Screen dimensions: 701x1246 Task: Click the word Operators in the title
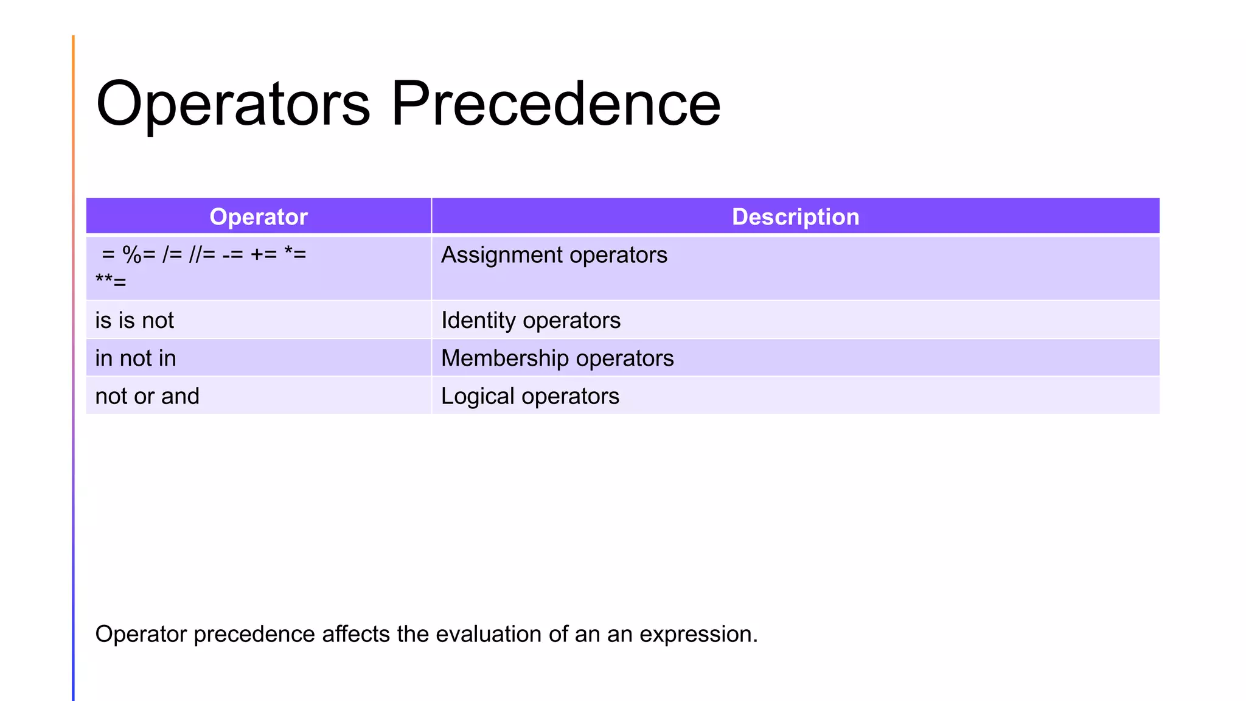[x=233, y=105]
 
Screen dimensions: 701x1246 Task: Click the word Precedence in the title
[x=555, y=105]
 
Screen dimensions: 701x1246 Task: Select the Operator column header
[x=259, y=217]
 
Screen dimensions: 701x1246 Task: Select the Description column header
[x=795, y=217]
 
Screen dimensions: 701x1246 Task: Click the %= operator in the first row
[x=139, y=254]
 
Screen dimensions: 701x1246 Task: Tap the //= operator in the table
[x=202, y=254]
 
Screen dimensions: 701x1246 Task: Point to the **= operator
[x=111, y=282]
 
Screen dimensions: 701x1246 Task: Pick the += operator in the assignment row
[x=264, y=254]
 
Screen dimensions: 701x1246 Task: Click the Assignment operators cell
[x=554, y=255]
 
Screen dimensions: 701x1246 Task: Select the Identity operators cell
[x=531, y=321]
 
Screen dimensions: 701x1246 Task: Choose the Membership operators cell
[x=557, y=358]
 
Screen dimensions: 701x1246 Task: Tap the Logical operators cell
[x=530, y=396]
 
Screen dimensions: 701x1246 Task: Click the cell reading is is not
[x=134, y=321]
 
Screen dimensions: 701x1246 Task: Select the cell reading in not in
[x=136, y=358]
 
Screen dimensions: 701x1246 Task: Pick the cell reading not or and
[x=147, y=396]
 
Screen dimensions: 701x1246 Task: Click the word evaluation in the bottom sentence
[x=488, y=634]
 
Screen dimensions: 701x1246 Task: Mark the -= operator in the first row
[x=232, y=254]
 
